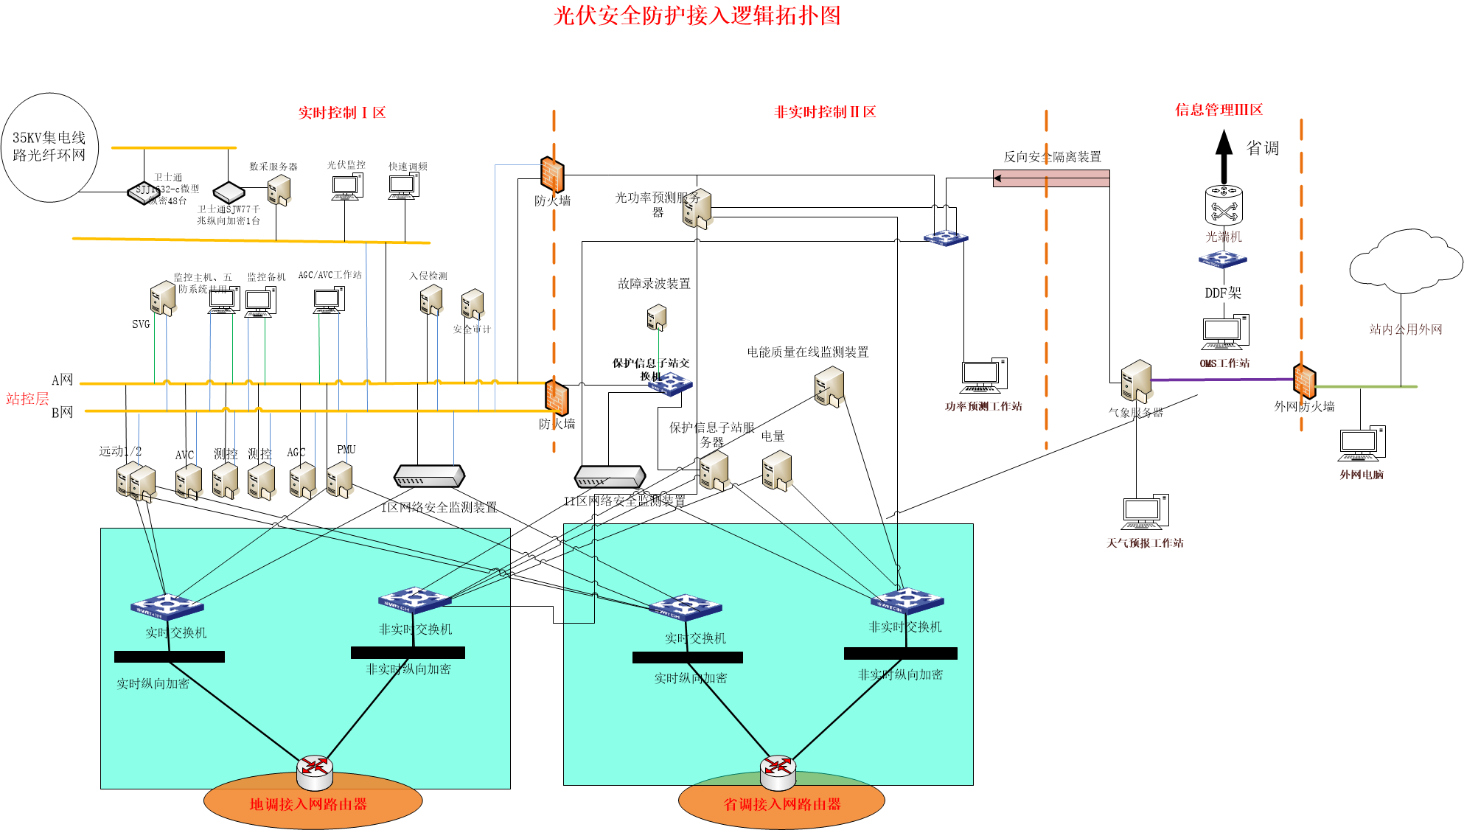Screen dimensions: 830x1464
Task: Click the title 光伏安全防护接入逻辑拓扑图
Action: click(x=697, y=15)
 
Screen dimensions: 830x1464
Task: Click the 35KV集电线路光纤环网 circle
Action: click(x=49, y=147)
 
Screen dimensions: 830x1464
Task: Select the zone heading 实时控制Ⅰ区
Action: click(x=341, y=113)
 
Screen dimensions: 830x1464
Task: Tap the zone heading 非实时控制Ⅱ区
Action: click(x=824, y=112)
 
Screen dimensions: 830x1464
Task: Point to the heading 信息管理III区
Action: click(x=1218, y=110)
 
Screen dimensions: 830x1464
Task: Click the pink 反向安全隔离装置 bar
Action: click(x=1051, y=178)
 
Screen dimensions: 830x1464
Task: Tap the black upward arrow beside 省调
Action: click(x=1224, y=156)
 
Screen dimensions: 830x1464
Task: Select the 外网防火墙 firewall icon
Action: click(x=1303, y=380)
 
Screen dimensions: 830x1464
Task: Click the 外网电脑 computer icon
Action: click(x=1361, y=444)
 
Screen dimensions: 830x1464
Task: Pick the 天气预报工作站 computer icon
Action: click(x=1145, y=512)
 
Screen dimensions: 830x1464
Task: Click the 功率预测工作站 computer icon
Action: click(x=983, y=376)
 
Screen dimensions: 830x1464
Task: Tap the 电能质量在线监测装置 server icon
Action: click(x=829, y=386)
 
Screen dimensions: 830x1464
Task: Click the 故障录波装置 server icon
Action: click(x=656, y=318)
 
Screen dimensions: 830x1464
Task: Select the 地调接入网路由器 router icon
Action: click(x=315, y=770)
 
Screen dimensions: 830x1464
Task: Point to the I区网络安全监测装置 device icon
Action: click(x=429, y=476)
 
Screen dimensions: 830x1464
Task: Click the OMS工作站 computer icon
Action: click(x=1224, y=333)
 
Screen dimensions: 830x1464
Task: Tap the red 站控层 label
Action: click(x=27, y=399)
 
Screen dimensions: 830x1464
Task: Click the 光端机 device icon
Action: click(x=1224, y=205)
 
